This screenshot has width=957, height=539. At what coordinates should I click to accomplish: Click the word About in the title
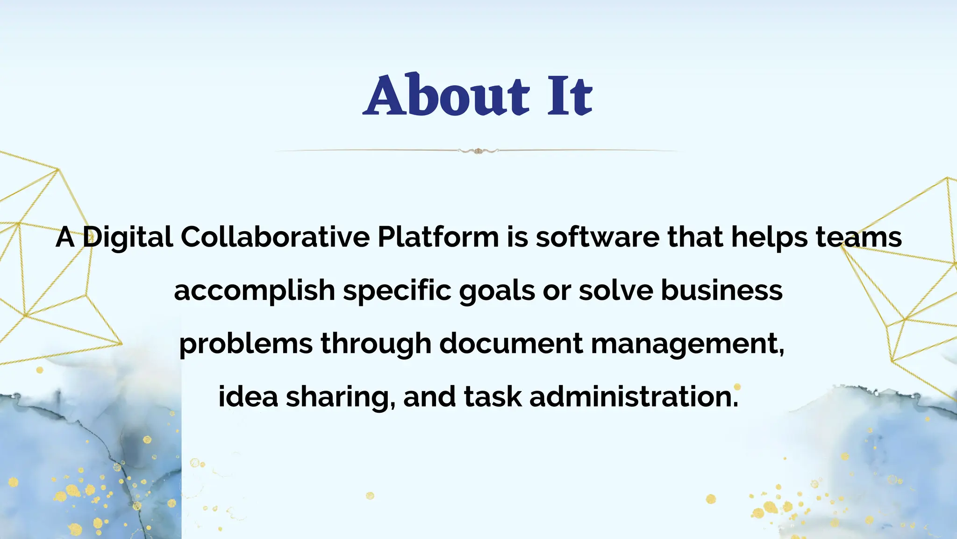click(x=446, y=95)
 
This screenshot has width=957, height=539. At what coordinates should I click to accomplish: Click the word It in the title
click(x=570, y=95)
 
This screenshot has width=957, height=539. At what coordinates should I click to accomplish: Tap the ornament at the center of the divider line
click(x=478, y=151)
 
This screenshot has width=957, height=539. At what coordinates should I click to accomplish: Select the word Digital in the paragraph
click(x=128, y=237)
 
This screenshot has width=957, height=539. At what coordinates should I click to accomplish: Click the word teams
click(x=859, y=237)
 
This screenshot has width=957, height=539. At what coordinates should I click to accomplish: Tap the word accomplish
click(x=254, y=291)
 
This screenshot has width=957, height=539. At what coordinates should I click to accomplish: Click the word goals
click(x=497, y=291)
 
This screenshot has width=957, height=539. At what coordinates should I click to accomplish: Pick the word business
click(x=721, y=290)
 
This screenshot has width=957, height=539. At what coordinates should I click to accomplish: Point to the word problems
click(x=246, y=344)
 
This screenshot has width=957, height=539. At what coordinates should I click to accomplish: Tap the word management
click(x=687, y=344)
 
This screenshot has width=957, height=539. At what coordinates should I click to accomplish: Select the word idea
click(x=248, y=396)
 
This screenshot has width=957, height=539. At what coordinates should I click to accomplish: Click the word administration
click(x=634, y=396)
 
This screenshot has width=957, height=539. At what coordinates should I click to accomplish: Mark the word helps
click(x=769, y=237)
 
